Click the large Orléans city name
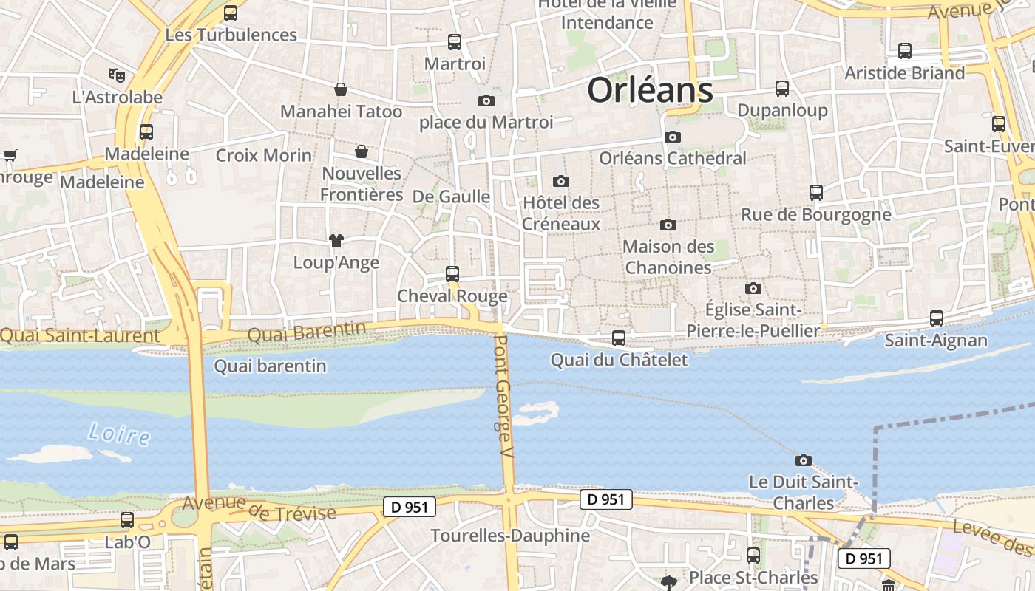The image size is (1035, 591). (x=650, y=91)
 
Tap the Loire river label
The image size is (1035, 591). (x=119, y=434)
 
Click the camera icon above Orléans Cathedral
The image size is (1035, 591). (x=672, y=137)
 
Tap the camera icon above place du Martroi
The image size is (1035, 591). (x=486, y=100)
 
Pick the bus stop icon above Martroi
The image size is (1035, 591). (x=454, y=42)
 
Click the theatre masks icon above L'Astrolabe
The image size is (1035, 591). (x=116, y=75)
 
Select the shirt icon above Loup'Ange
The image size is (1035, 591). (x=336, y=240)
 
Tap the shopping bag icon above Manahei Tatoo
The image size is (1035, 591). (x=341, y=89)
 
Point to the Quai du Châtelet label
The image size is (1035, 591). (x=619, y=361)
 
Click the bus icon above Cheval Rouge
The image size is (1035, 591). (x=452, y=273)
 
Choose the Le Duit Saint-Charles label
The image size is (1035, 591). (x=803, y=493)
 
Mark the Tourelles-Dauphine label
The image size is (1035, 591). (x=510, y=536)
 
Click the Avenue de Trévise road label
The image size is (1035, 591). (x=259, y=508)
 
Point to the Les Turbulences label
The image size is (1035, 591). (x=231, y=35)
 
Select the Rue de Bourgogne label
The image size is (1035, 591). (x=816, y=215)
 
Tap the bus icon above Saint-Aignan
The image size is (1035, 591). (x=936, y=318)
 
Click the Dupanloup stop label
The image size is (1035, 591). (x=782, y=111)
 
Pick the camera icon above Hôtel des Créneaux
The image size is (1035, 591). (x=561, y=181)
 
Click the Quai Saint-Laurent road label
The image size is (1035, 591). (x=80, y=336)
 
